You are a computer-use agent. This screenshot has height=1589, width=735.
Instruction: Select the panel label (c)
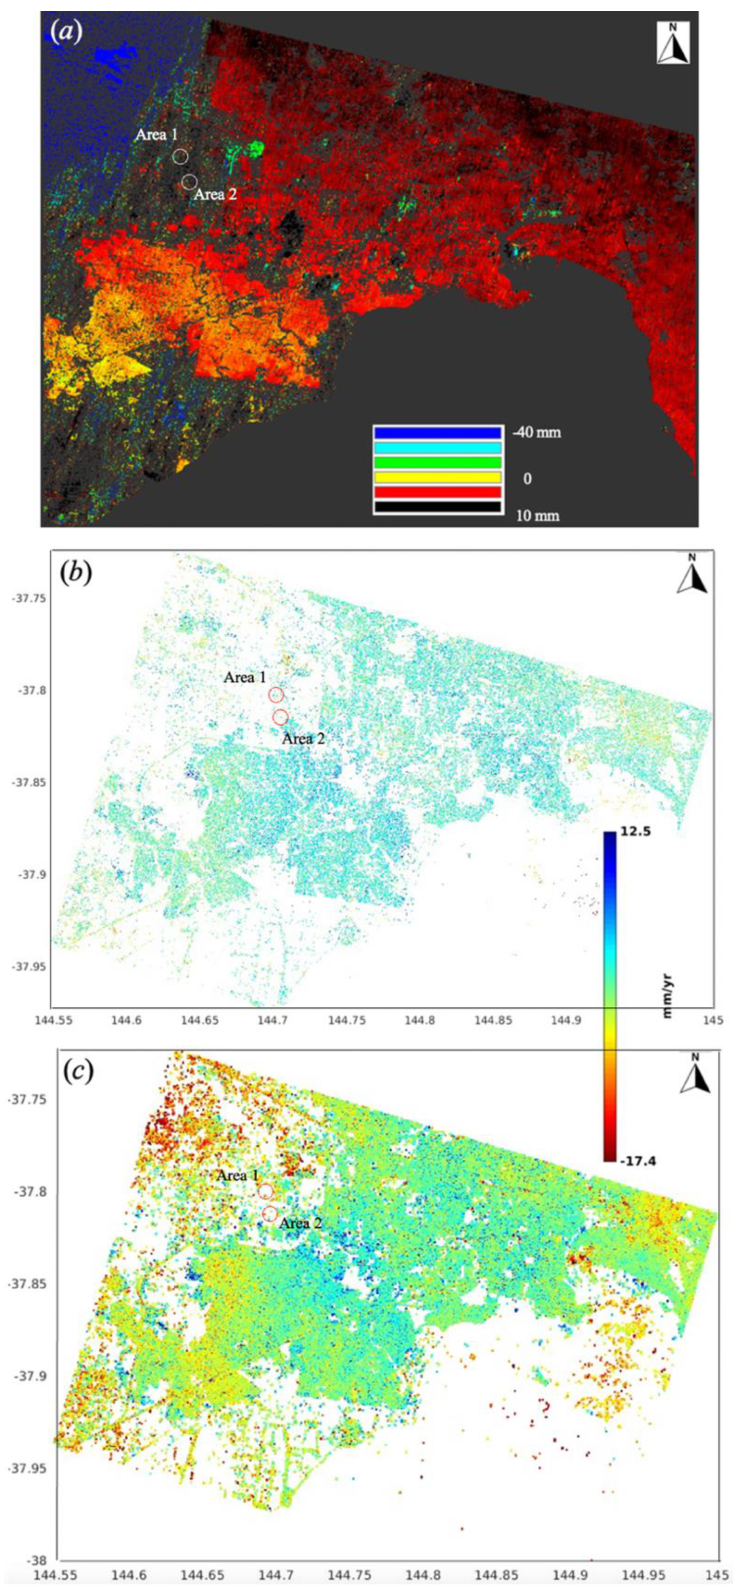tap(78, 1072)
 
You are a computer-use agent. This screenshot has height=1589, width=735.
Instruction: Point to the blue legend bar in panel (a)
tap(437, 432)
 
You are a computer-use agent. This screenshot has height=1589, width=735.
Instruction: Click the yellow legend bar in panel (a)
tap(437, 477)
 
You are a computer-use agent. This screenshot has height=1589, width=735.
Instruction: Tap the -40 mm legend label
tap(536, 432)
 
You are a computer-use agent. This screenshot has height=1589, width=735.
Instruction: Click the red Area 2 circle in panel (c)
tap(269, 1214)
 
